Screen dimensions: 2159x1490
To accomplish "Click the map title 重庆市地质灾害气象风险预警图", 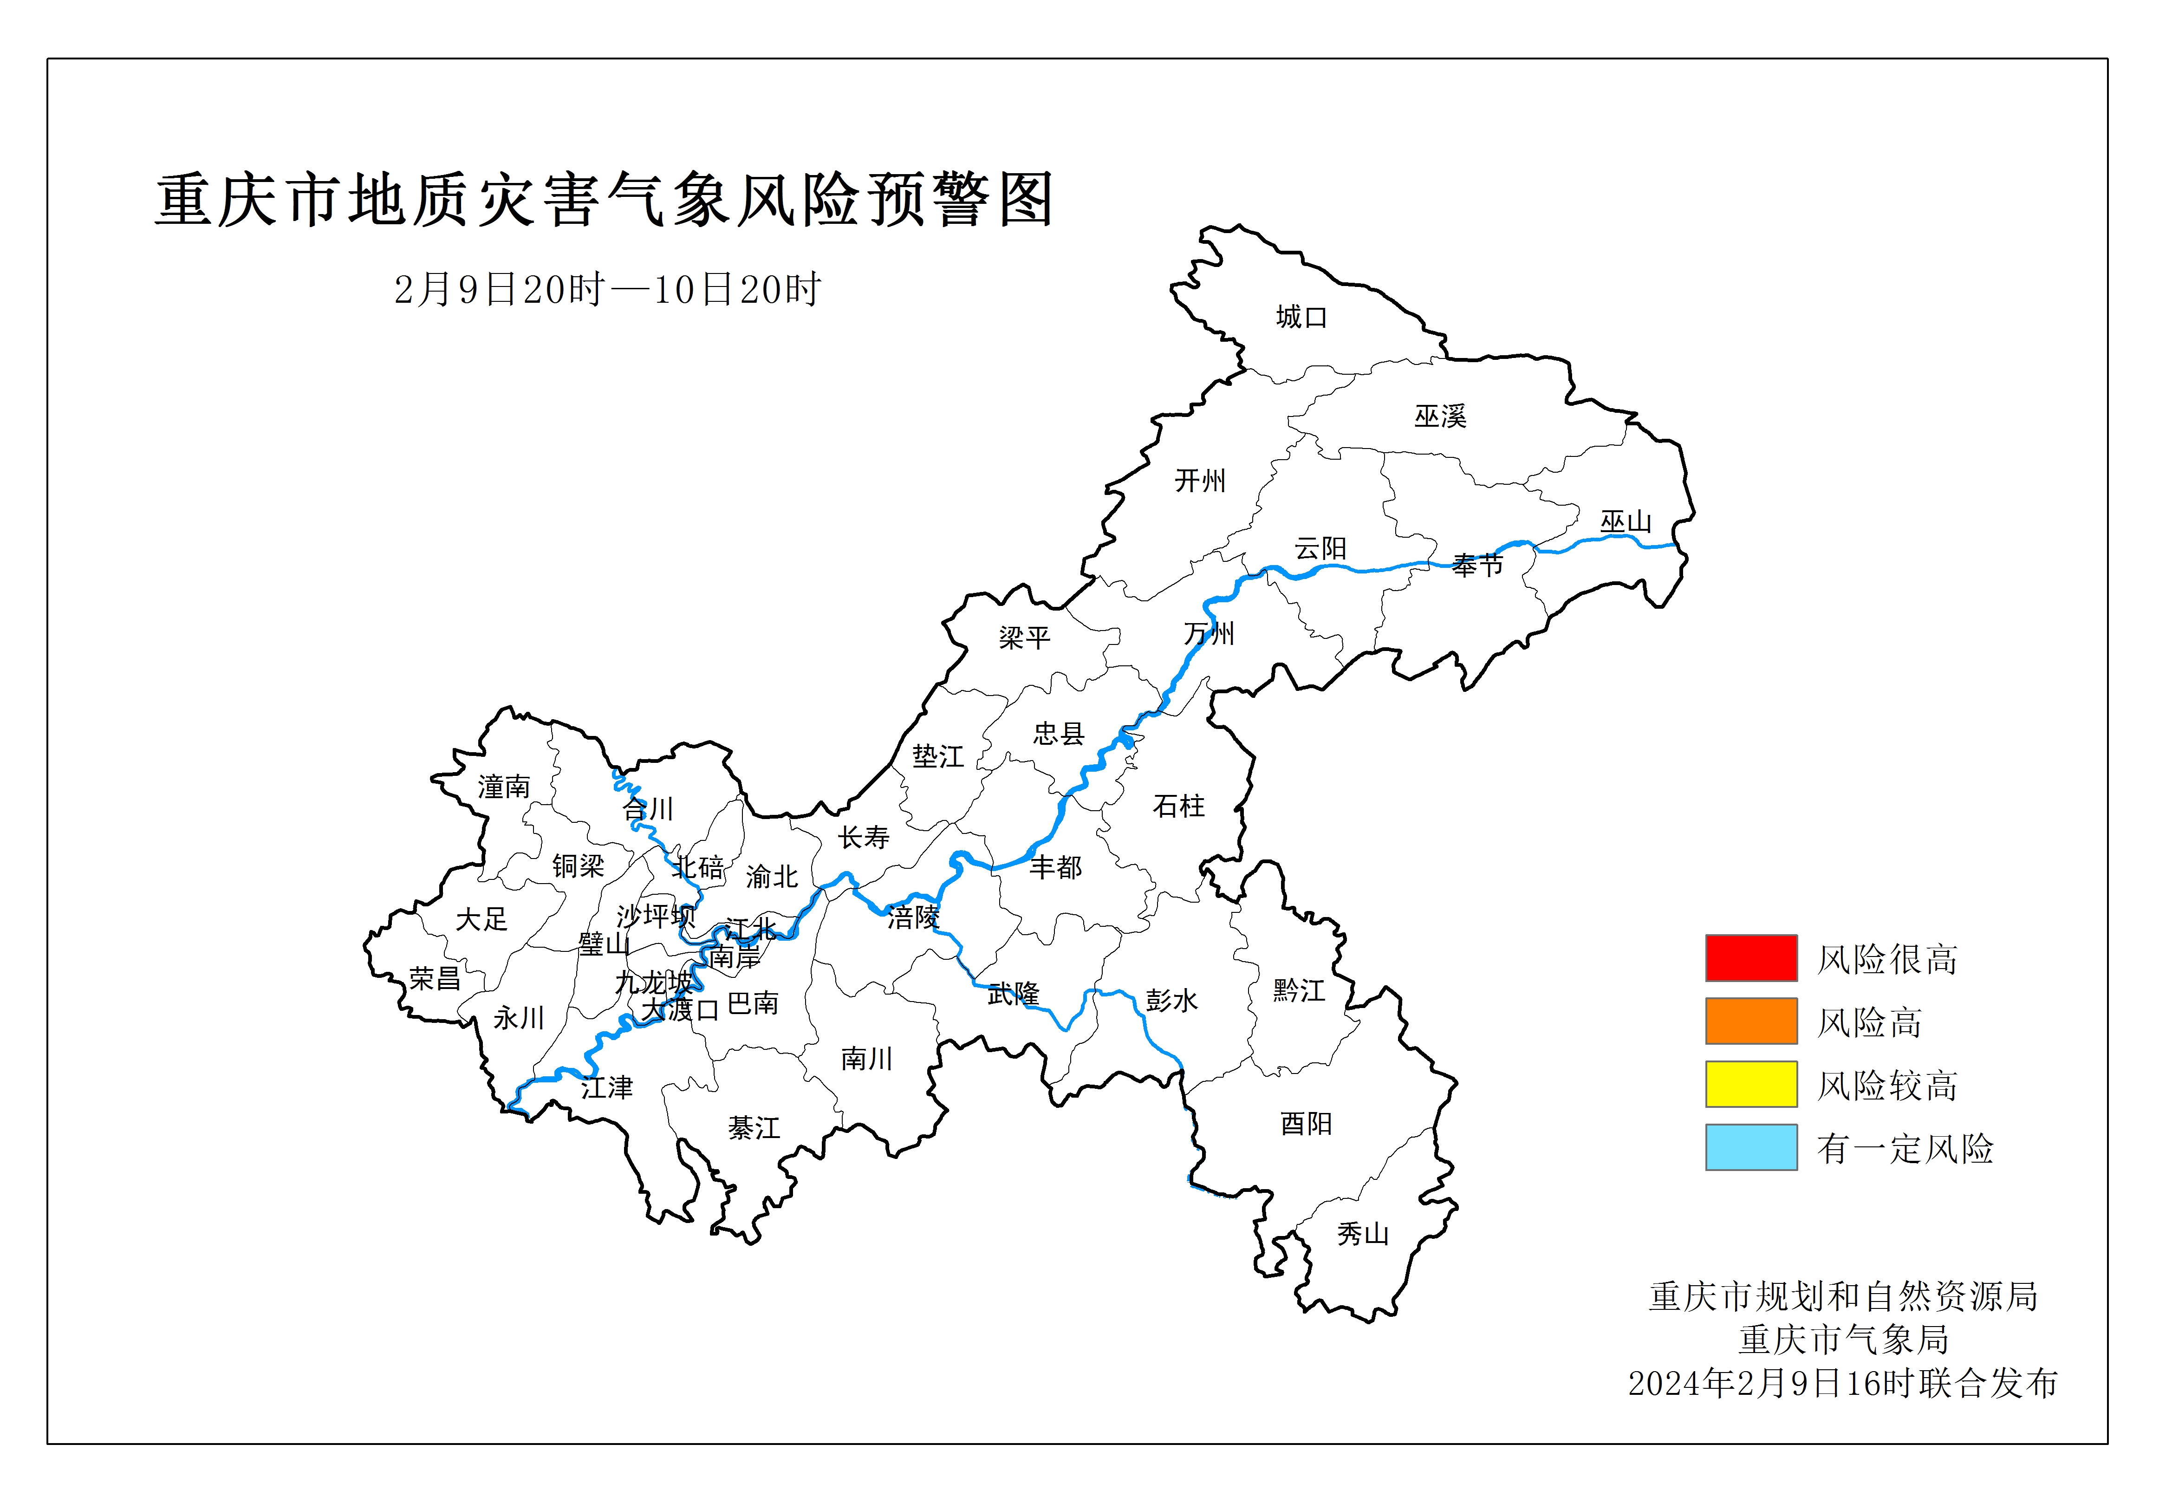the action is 604,200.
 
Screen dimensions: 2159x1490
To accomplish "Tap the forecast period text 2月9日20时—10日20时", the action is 607,289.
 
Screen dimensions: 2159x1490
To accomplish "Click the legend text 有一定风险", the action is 1904,1148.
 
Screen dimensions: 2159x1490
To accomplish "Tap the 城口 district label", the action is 1301,318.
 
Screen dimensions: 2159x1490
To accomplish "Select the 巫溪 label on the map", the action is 1440,416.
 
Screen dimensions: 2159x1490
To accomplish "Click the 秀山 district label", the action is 1363,1234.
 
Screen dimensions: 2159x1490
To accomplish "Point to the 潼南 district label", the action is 504,787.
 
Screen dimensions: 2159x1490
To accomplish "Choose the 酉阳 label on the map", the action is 1306,1123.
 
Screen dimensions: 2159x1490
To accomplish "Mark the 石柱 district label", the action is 1179,806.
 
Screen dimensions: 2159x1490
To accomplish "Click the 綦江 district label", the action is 753,1128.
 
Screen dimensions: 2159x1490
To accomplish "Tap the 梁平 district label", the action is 1024,638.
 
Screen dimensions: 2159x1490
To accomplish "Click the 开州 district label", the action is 1199,481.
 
